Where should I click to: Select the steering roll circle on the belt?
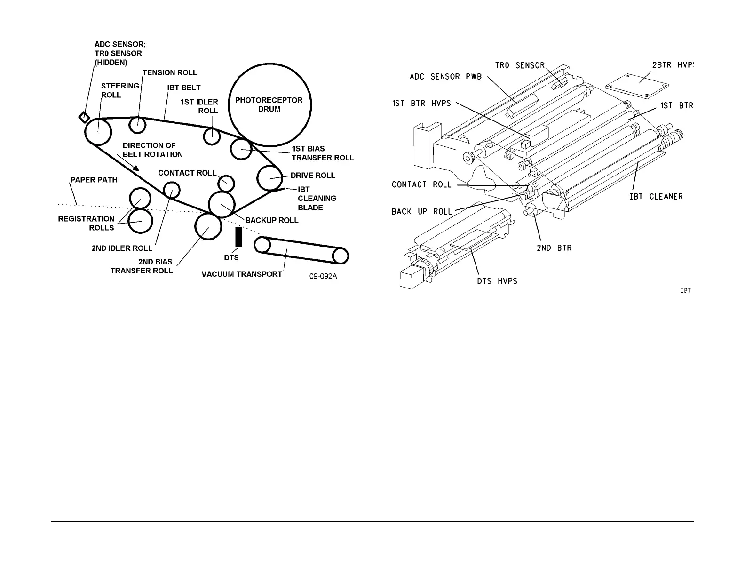[98, 132]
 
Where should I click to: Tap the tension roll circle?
[138, 125]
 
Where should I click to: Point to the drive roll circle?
[270, 178]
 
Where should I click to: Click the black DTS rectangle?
[238, 237]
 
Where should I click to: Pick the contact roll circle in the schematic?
[226, 183]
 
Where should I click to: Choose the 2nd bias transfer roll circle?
[208, 226]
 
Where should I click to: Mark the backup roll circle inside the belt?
[221, 204]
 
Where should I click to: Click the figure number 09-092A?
[323, 276]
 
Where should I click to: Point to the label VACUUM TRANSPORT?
[242, 274]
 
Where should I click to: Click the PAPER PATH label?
[94, 180]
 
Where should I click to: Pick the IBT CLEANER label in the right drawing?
[656, 196]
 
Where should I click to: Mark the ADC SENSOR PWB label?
[445, 77]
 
